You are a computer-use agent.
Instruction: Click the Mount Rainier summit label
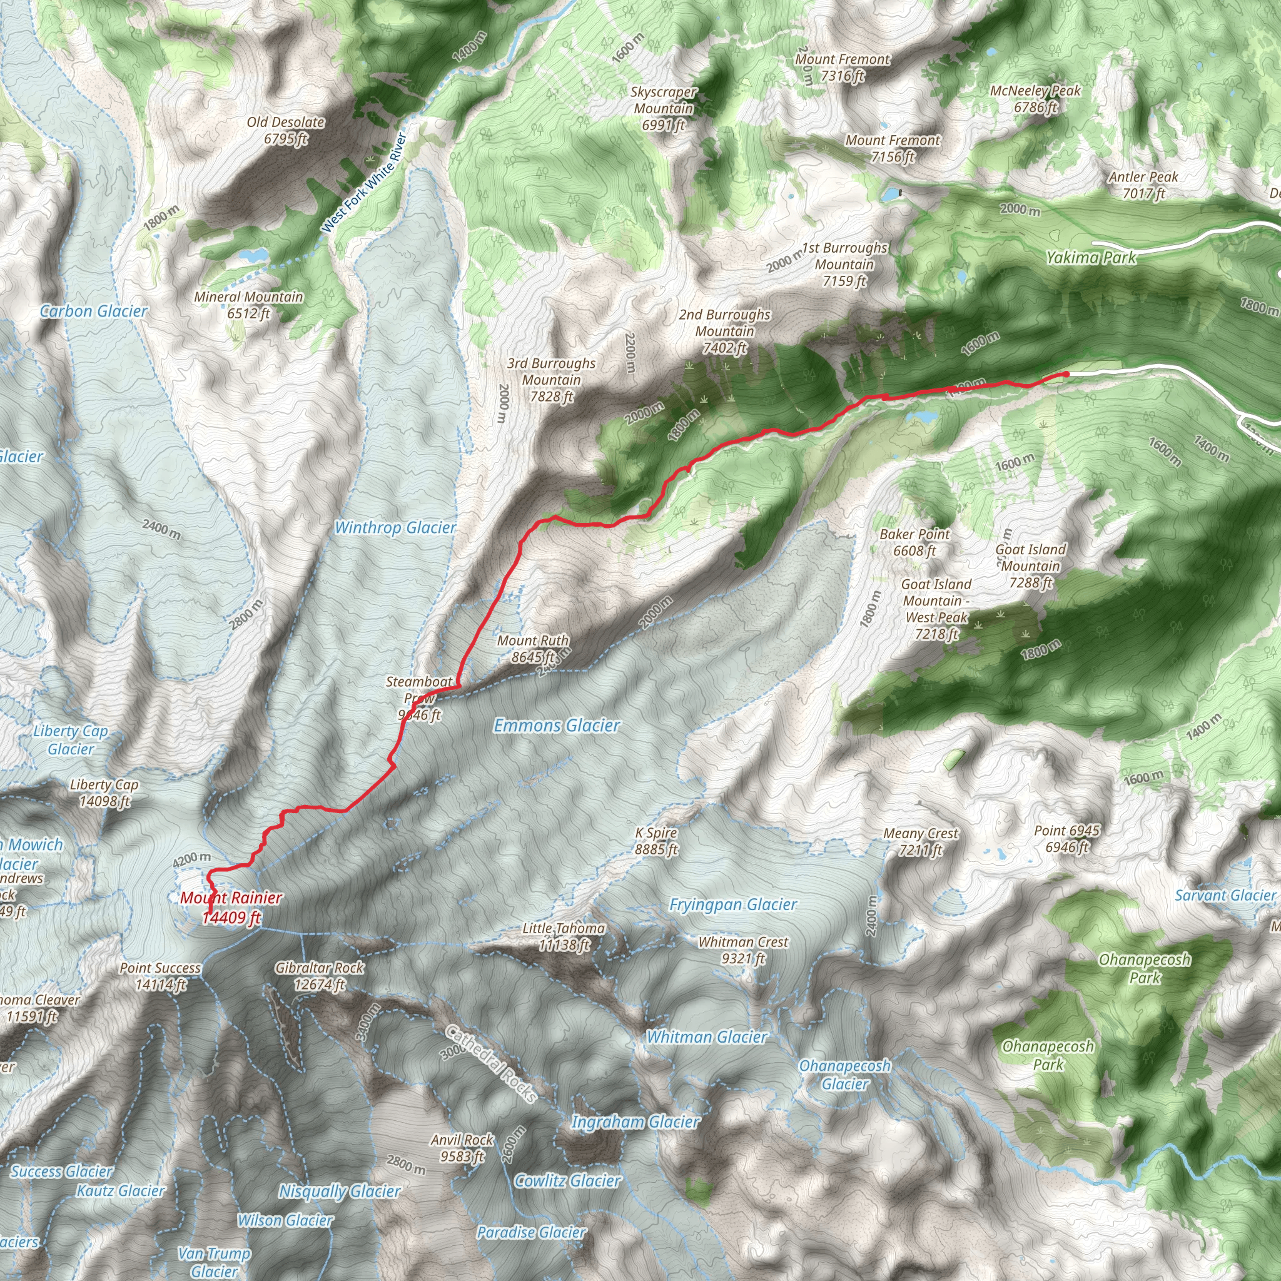tap(231, 907)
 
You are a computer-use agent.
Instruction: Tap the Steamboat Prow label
tap(419, 697)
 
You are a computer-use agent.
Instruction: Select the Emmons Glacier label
tap(557, 726)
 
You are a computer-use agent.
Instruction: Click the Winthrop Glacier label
tap(395, 528)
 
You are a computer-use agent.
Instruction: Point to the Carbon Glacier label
tap(93, 311)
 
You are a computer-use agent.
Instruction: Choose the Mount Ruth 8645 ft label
tap(533, 649)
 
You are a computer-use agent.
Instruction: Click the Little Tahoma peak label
tap(564, 936)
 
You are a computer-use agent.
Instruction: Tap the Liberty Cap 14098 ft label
tap(104, 793)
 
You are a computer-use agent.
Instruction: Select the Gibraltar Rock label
tap(320, 976)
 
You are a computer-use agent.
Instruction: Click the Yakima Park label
tap(1091, 257)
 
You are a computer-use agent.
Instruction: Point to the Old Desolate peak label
tap(286, 130)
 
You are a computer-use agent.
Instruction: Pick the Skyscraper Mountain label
tap(663, 108)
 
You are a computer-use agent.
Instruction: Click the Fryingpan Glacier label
tap(732, 904)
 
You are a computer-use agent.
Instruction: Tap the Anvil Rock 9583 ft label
tap(462, 1148)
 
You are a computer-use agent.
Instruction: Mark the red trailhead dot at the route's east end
tap(1065, 375)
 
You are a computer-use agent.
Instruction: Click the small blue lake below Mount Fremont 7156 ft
tap(891, 195)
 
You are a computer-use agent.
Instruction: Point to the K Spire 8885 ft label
tap(656, 841)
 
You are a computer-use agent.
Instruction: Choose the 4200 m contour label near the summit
tap(191, 859)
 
